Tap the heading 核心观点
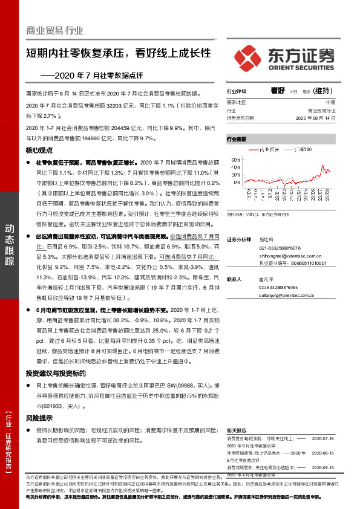pyautogui.click(x=40, y=150)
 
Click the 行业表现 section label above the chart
pyautogui.click(x=237, y=139)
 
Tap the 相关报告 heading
pyautogui.click(x=237, y=428)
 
